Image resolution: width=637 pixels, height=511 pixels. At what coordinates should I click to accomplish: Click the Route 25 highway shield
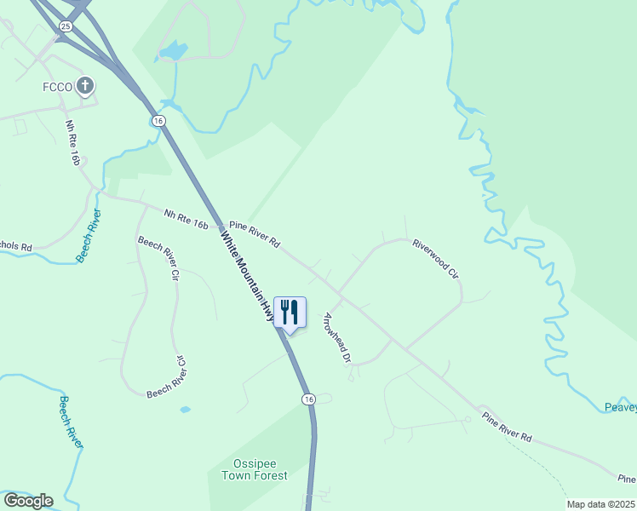click(x=66, y=27)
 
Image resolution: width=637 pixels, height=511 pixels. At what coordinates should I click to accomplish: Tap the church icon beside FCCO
click(x=84, y=85)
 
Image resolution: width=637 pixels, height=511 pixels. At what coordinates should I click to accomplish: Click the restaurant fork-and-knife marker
click(x=290, y=313)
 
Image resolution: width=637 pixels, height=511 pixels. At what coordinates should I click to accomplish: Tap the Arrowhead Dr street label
click(x=337, y=339)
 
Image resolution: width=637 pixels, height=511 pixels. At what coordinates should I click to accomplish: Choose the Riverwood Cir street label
click(x=437, y=259)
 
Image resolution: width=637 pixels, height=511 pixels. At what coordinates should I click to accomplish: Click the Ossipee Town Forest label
click(x=255, y=469)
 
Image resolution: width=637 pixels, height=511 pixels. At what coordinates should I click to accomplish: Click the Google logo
click(x=28, y=500)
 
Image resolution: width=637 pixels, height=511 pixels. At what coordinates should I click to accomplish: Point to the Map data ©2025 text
click(x=600, y=504)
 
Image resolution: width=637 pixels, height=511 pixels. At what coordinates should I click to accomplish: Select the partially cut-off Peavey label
click(x=620, y=407)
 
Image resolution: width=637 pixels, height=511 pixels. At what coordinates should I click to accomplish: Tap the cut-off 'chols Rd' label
click(x=15, y=247)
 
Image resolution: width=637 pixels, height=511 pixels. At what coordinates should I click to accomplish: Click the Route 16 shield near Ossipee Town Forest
click(x=308, y=399)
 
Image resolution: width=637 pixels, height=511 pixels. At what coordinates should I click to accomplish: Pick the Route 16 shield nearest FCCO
click(x=158, y=121)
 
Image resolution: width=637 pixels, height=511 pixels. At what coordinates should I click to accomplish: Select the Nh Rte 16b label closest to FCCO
click(x=76, y=143)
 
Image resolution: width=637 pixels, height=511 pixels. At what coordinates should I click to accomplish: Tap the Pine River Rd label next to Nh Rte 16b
click(x=254, y=231)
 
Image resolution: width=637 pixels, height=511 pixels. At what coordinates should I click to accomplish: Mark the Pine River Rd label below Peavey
click(x=507, y=427)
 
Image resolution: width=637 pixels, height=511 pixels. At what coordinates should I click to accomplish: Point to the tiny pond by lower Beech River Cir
click(x=185, y=410)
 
